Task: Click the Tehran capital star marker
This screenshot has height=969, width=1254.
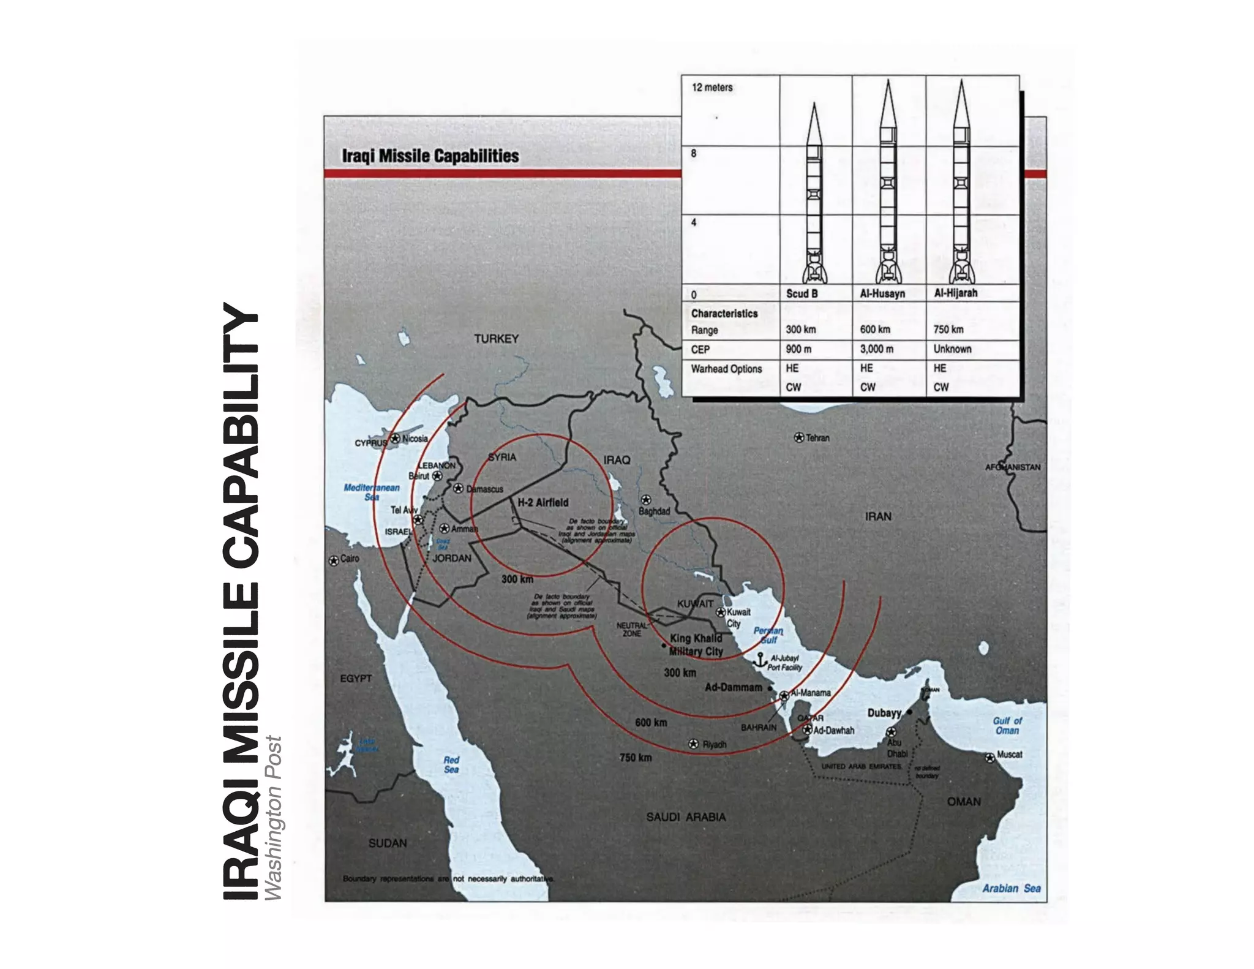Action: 798,437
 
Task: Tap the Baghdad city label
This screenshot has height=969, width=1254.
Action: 654,511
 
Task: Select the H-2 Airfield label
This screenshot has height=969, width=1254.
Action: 543,502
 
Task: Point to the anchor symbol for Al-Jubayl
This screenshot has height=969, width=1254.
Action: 760,660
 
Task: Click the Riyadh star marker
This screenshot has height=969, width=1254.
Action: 693,744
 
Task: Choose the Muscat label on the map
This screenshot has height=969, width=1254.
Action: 1009,754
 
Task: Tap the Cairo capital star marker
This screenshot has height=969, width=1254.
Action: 334,560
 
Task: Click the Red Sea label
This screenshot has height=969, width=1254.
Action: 451,764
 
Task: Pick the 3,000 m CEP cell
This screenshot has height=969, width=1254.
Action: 876,349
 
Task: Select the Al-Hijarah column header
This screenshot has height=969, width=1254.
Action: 955,293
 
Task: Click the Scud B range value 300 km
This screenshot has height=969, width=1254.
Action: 801,330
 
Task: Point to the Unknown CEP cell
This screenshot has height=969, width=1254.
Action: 952,349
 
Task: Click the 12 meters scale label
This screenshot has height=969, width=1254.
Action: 711,88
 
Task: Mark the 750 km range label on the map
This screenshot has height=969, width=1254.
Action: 635,758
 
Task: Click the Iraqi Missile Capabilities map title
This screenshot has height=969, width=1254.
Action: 430,156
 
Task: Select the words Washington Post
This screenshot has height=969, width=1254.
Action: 273,818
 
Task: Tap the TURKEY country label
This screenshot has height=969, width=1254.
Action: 496,339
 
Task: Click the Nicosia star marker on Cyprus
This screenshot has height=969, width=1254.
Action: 396,439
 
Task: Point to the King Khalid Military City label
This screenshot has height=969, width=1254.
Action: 696,644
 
